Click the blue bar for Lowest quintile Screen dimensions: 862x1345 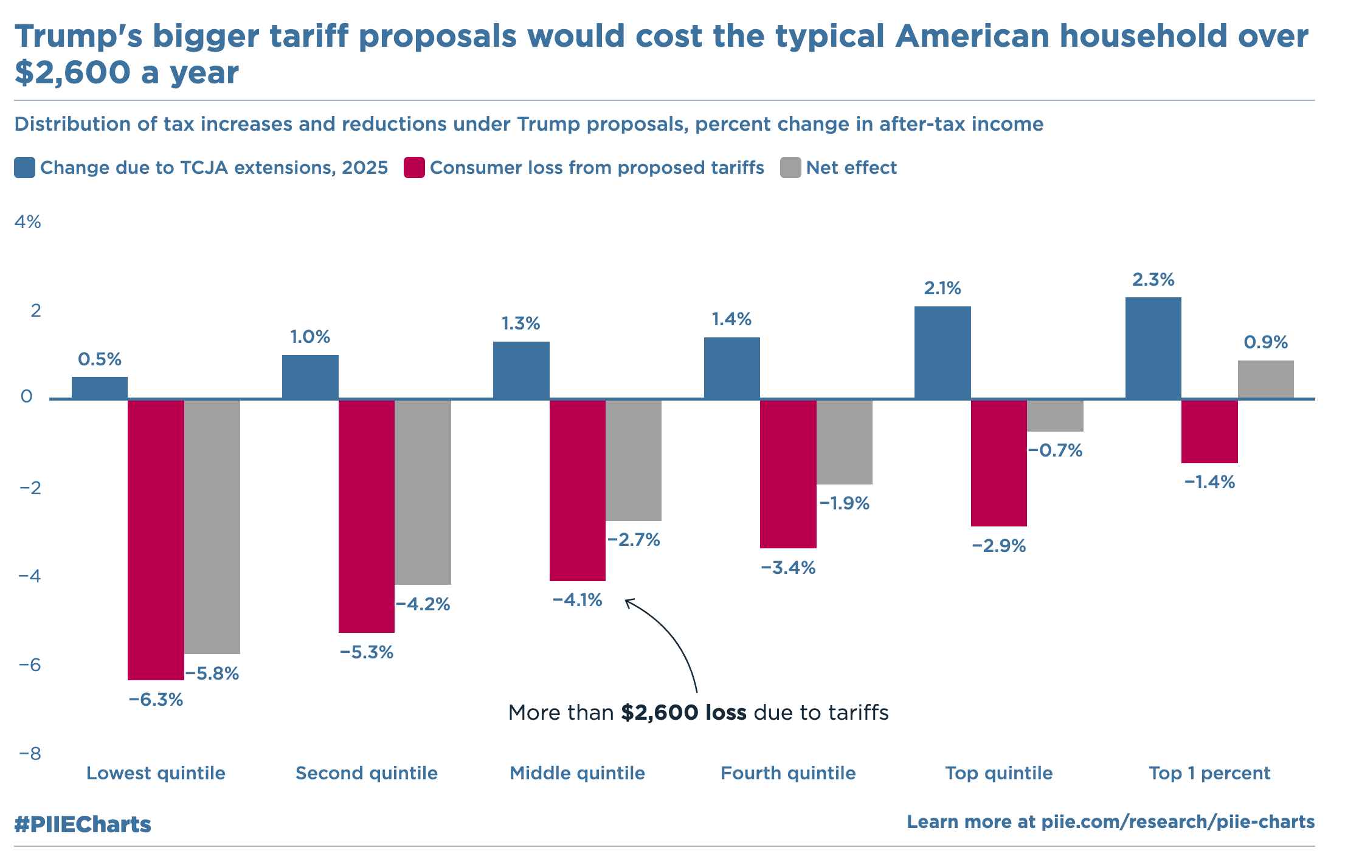pyautogui.click(x=100, y=388)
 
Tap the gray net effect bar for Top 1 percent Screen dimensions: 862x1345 pyautogui.click(x=1265, y=379)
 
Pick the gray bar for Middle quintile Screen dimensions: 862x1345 pyautogui.click(x=634, y=460)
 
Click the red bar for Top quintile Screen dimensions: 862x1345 pyautogui.click(x=998, y=463)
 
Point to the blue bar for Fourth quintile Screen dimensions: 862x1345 pyautogui.click(x=731, y=368)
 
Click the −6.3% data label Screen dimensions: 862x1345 pyautogui.click(x=156, y=700)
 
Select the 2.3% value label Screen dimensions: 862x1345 pyautogui.click(x=1153, y=280)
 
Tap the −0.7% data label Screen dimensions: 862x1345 pyautogui.click(x=1055, y=450)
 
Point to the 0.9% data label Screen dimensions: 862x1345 pyautogui.click(x=1265, y=342)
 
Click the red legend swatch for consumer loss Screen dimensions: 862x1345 pyautogui.click(x=414, y=168)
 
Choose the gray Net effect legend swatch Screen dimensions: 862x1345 pyautogui.click(x=790, y=168)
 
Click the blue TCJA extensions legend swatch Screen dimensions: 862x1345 pyautogui.click(x=25, y=168)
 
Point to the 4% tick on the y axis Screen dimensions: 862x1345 pyautogui.click(x=28, y=222)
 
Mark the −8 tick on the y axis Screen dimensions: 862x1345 pyautogui.click(x=29, y=754)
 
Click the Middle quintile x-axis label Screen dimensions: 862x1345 pyautogui.click(x=577, y=773)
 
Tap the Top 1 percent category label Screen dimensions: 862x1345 pyautogui.click(x=1209, y=773)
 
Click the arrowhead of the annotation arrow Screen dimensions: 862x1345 pyautogui.click(x=628, y=601)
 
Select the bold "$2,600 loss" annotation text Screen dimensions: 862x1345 pyautogui.click(x=683, y=712)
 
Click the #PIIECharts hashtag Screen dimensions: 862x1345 pyautogui.click(x=83, y=824)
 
